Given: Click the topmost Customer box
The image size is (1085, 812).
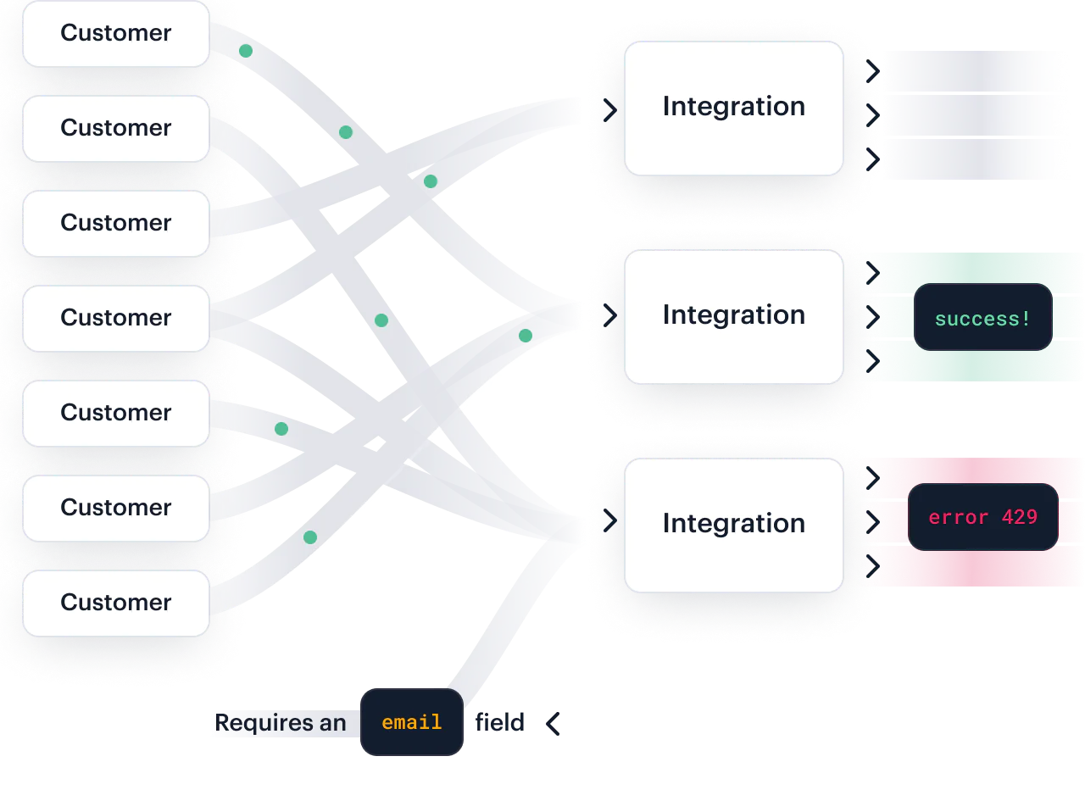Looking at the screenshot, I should coord(115,34).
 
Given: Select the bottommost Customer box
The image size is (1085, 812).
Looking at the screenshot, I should coord(115,603).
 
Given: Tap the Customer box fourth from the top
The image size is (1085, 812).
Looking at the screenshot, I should coord(115,318).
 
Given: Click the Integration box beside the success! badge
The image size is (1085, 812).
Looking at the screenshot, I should coord(733,316).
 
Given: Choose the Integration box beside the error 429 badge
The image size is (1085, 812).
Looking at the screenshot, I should coord(733,524).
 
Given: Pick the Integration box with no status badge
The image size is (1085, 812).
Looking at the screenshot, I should coord(733,108).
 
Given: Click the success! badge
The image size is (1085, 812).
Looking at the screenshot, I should coord(982,318).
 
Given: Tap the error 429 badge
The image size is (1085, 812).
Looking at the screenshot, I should coord(982,517).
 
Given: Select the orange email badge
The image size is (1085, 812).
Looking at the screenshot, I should coord(412,722).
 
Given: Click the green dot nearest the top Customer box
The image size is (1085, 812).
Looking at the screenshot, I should coord(246,51).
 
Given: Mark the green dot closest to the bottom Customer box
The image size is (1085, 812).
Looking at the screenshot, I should coord(310,537).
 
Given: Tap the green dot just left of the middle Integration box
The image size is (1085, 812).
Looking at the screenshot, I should coord(526,336).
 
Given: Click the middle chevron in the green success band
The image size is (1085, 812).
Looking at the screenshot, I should coord(872,317).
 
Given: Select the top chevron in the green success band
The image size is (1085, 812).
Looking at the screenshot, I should coord(872,273).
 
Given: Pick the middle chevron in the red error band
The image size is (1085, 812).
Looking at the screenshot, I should coord(872,521).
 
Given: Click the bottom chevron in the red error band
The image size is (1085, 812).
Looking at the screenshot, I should coord(872,565).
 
